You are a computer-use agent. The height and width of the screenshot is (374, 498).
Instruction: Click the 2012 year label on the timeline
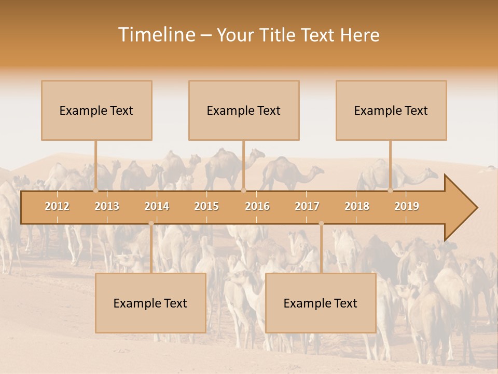pyautogui.click(x=57, y=206)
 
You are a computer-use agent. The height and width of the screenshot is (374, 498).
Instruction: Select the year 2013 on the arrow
pyautogui.click(x=107, y=206)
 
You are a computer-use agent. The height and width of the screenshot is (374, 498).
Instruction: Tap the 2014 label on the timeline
pyautogui.click(x=157, y=206)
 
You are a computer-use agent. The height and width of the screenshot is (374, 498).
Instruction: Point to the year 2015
pyautogui.click(x=206, y=206)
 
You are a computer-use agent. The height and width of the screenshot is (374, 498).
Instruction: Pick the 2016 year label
pyautogui.click(x=257, y=206)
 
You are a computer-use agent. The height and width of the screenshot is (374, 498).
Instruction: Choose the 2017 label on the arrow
pyautogui.click(x=307, y=206)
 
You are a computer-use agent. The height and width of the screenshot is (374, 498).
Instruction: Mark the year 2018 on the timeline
pyautogui.click(x=357, y=206)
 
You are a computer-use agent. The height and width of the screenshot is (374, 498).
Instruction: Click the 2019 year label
pyautogui.click(x=407, y=206)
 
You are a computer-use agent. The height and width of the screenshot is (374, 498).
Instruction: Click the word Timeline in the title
pyautogui.click(x=156, y=35)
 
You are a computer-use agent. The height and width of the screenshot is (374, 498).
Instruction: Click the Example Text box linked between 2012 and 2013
pyautogui.click(x=96, y=110)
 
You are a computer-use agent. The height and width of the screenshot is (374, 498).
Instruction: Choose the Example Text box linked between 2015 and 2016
pyautogui.click(x=244, y=110)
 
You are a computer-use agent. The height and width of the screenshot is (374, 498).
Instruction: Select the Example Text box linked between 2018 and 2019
pyautogui.click(x=391, y=110)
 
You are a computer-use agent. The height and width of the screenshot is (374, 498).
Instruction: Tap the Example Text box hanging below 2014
pyautogui.click(x=150, y=303)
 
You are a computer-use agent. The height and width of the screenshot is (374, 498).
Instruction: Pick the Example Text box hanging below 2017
pyautogui.click(x=321, y=303)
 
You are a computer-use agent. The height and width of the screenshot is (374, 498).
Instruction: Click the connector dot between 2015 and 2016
pyautogui.click(x=244, y=191)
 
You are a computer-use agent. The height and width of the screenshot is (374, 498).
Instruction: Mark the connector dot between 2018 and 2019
pyautogui.click(x=391, y=191)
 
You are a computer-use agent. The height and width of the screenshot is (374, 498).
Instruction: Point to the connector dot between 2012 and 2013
pyautogui.click(x=96, y=191)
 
